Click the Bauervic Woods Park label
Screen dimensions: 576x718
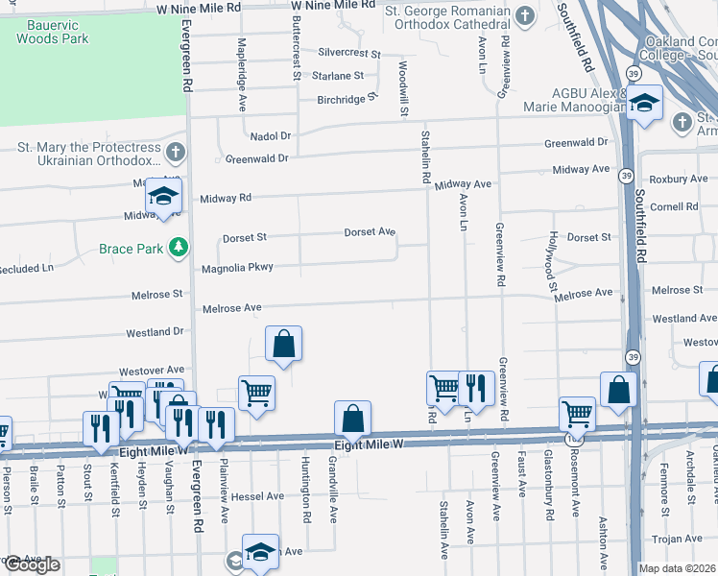(x=52, y=31)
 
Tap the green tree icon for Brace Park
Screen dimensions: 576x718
(x=178, y=249)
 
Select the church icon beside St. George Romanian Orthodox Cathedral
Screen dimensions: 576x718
(x=524, y=15)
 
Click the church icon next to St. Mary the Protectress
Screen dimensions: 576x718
(x=175, y=153)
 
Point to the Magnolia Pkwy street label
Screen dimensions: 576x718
(x=237, y=268)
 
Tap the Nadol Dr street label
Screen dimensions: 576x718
(x=270, y=136)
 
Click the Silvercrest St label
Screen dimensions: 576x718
(x=349, y=54)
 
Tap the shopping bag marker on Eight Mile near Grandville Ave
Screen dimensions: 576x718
(x=352, y=419)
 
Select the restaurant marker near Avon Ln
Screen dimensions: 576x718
(x=476, y=389)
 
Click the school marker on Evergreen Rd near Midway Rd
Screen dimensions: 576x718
(x=163, y=198)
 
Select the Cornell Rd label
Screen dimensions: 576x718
(x=673, y=206)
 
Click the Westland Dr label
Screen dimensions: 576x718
(x=154, y=332)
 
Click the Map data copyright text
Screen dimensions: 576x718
(x=677, y=568)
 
